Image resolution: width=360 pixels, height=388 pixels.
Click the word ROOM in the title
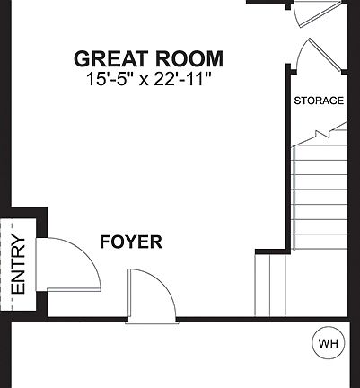click(x=189, y=59)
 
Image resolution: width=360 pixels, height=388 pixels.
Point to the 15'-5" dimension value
click(x=109, y=79)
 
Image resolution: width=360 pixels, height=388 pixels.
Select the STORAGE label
click(x=319, y=101)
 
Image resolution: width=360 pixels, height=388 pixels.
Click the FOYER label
click(x=131, y=242)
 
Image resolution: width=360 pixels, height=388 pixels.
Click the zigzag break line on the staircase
click(x=319, y=135)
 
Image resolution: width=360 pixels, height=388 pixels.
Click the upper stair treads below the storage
click(x=320, y=193)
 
